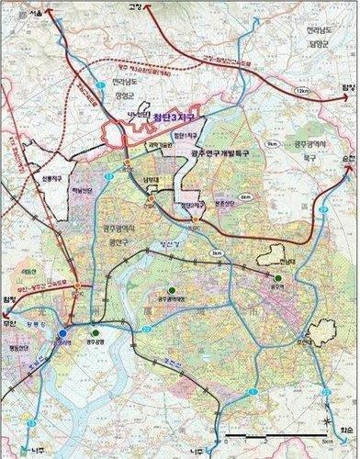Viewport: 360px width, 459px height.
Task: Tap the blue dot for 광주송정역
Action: click(62, 334)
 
